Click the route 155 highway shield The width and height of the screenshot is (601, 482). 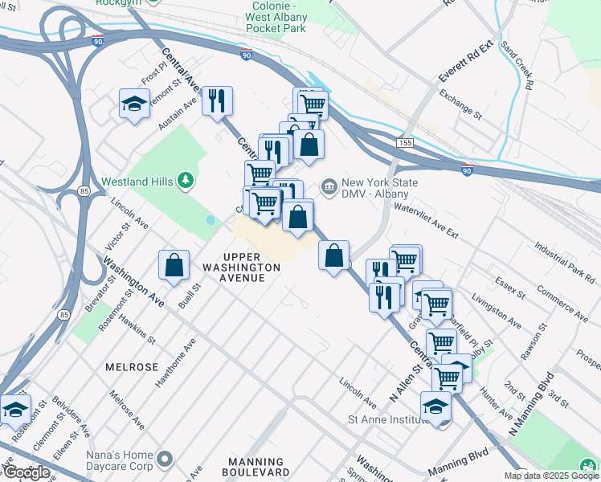tap(405, 142)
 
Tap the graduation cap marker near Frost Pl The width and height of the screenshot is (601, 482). tap(134, 104)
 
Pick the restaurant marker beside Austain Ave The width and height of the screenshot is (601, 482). tap(217, 101)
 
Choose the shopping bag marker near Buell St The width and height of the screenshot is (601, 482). tap(174, 265)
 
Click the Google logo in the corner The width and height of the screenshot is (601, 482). tap(26, 472)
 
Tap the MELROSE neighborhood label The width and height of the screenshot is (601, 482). tap(132, 366)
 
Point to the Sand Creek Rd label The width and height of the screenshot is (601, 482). tap(517, 63)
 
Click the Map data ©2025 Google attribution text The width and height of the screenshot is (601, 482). tap(551, 476)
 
